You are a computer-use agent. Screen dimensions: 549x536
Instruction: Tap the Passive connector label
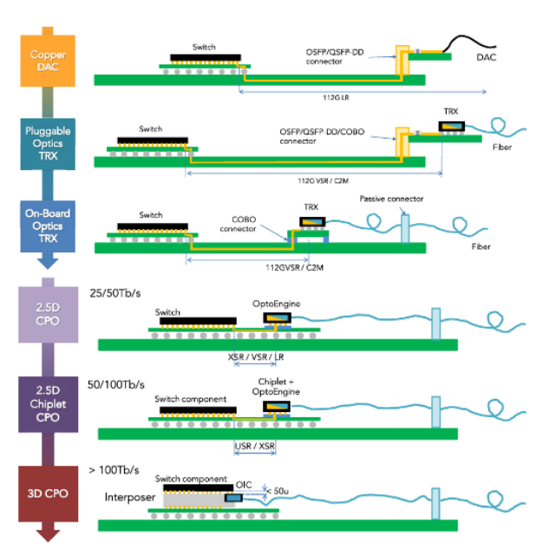click(x=391, y=199)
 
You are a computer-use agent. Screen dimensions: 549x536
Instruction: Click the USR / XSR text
click(x=255, y=446)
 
